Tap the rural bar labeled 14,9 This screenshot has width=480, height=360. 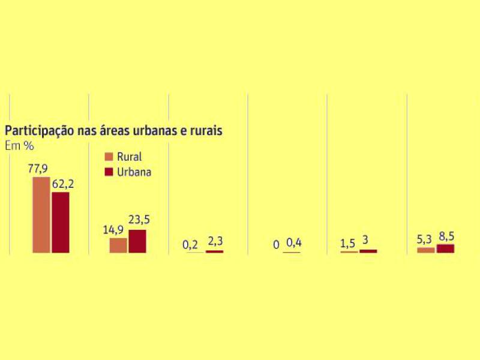click(x=118, y=245)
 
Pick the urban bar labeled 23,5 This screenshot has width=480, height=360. click(x=137, y=241)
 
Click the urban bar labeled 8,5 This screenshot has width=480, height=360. click(x=445, y=248)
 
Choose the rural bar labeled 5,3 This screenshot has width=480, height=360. click(x=426, y=250)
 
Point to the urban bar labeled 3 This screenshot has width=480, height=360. click(x=368, y=251)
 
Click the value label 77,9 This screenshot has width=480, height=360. click(x=38, y=169)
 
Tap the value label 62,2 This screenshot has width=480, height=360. click(x=62, y=184)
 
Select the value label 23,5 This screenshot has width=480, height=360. click(x=138, y=221)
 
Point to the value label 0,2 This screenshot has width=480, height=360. click(x=190, y=244)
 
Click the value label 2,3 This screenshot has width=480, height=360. click(x=214, y=242)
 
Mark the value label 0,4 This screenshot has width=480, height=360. click(x=294, y=243)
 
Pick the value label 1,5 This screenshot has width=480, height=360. click(x=348, y=244)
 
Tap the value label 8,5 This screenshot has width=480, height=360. click(x=445, y=236)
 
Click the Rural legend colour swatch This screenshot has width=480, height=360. click(x=109, y=157)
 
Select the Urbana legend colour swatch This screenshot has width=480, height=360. click(x=109, y=172)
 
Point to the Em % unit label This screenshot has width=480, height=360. click(x=19, y=145)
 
